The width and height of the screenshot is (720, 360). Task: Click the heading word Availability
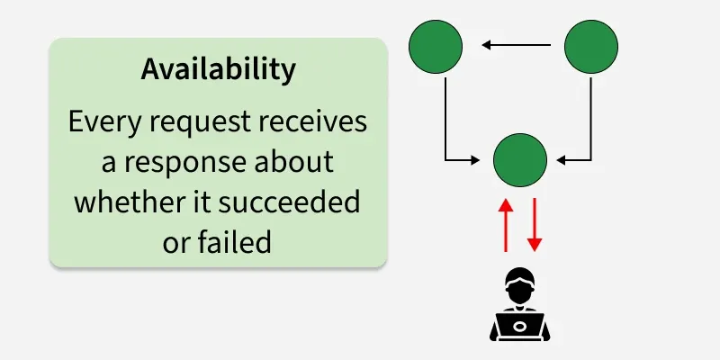click(218, 70)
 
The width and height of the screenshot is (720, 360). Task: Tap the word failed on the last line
click(237, 242)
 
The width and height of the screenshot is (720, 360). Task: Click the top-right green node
click(590, 45)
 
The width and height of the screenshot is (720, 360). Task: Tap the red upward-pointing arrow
click(506, 224)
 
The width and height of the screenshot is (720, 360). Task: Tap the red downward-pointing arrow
click(535, 224)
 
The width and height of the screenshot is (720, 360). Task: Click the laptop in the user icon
click(519, 325)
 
